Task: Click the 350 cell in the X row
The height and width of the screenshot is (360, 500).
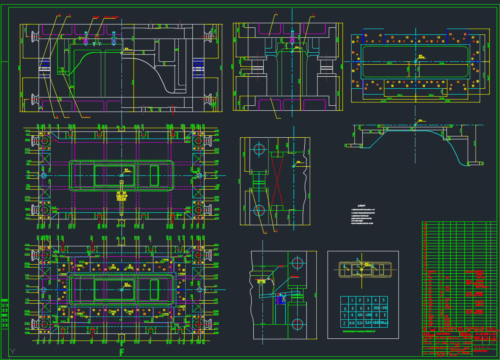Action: click(x=375, y=309)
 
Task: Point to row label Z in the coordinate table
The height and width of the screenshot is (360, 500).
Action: click(x=345, y=323)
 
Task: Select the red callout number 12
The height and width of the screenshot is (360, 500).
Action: click(x=277, y=231)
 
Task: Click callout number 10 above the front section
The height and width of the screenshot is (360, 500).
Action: click(x=69, y=15)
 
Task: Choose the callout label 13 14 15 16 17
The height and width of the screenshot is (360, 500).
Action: click(x=111, y=17)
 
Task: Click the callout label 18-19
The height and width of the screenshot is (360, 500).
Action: click(x=96, y=17)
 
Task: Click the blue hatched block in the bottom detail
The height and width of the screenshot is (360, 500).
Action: click(x=282, y=299)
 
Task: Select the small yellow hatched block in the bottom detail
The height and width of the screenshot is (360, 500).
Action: click(x=261, y=282)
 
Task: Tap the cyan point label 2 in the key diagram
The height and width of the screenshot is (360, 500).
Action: click(x=357, y=260)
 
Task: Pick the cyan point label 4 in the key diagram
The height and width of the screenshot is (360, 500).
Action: click(x=344, y=265)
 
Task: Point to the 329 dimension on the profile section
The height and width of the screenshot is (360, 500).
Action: click(x=475, y=143)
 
